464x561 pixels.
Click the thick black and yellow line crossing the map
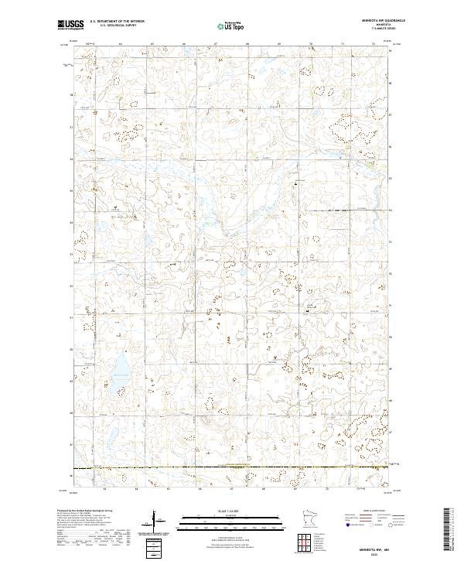(232, 467)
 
